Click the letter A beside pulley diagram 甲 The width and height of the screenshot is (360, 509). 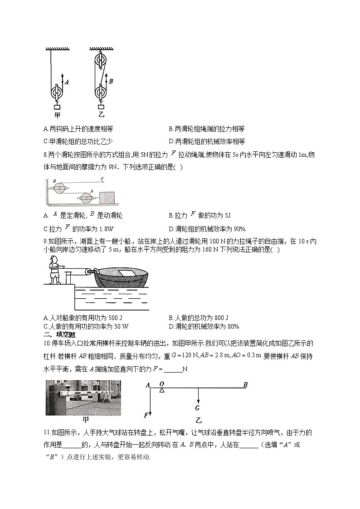pyautogui.click(x=67, y=82)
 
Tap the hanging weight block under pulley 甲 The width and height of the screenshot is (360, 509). pyautogui.click(x=57, y=107)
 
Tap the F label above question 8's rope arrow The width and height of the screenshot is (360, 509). pyautogui.click(x=103, y=179)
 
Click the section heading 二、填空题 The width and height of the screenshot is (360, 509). pyautogui.click(x=58, y=334)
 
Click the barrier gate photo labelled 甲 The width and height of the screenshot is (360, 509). pyautogui.click(x=83, y=398)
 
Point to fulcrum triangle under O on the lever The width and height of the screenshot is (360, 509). pyautogui.click(x=161, y=390)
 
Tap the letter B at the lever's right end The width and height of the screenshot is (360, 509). pyautogui.click(x=245, y=385)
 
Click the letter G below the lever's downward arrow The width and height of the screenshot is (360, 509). pyautogui.click(x=198, y=407)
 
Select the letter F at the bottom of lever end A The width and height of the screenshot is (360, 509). pyautogui.click(x=146, y=415)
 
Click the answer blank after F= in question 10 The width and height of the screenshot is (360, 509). pyautogui.click(x=172, y=369)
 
